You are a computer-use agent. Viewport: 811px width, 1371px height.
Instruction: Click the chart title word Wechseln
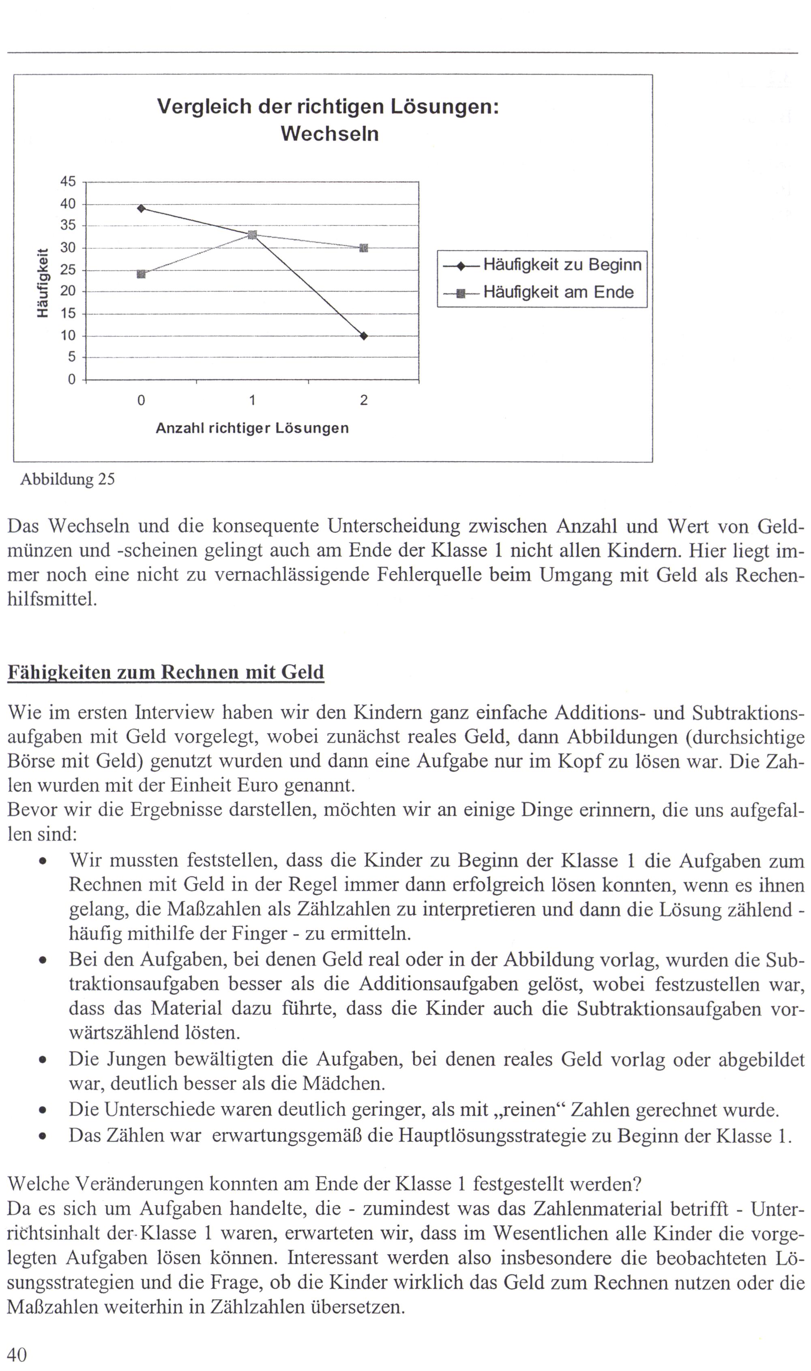[x=330, y=134]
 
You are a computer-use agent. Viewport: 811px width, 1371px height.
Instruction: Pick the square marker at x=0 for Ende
[x=142, y=274]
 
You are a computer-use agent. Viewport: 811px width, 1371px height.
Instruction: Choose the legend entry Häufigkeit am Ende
[x=558, y=293]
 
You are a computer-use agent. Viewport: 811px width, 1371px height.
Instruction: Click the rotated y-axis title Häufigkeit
[x=42, y=283]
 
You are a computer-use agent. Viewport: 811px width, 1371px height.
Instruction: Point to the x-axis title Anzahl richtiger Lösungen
[x=252, y=428]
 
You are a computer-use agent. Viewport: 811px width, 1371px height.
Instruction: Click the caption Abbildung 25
[x=68, y=480]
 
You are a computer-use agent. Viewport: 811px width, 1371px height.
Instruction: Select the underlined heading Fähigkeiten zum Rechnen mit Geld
[x=165, y=672]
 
